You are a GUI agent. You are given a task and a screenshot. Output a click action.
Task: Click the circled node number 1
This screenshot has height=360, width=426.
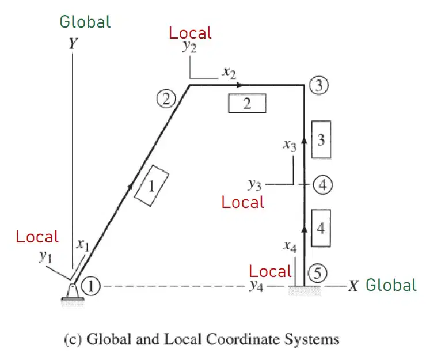pyautogui.click(x=91, y=286)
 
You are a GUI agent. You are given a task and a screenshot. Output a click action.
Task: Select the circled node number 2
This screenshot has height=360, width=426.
pyautogui.click(x=166, y=98)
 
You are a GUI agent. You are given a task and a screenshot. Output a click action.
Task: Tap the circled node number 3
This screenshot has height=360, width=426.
pyautogui.click(x=319, y=85)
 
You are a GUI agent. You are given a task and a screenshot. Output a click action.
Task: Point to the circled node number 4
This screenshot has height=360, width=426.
pyautogui.click(x=322, y=185)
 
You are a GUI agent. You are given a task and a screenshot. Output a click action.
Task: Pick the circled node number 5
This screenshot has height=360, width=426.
pyautogui.click(x=317, y=272)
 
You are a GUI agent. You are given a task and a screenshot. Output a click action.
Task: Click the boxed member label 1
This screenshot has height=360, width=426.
pyautogui.click(x=151, y=185)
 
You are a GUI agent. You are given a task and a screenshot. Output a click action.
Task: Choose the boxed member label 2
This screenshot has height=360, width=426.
pyautogui.click(x=247, y=103)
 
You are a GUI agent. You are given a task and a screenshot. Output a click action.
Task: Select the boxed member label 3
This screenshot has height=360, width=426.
pyautogui.click(x=321, y=139)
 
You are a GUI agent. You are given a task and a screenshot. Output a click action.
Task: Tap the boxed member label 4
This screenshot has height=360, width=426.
pyautogui.click(x=321, y=228)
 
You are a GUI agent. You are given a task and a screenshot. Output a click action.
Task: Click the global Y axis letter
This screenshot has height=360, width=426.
pyautogui.click(x=73, y=44)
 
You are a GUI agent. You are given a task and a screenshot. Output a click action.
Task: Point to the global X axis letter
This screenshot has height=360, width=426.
pyautogui.click(x=353, y=286)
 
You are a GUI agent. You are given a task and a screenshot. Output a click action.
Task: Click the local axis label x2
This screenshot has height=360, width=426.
pyautogui.click(x=229, y=73)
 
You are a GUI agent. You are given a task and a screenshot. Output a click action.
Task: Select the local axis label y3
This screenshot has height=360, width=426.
pyautogui.click(x=254, y=184)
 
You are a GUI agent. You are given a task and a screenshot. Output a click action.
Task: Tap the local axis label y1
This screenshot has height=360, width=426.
pyautogui.click(x=45, y=256)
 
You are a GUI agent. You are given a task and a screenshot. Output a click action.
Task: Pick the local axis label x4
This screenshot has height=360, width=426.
pyautogui.click(x=290, y=247)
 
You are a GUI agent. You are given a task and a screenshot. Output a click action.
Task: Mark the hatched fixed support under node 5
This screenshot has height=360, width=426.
pyautogui.click(x=305, y=291)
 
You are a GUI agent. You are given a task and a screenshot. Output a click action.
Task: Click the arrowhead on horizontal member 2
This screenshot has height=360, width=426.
pyautogui.click(x=239, y=85)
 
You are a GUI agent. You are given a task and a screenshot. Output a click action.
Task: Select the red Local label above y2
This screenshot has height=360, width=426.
pyautogui.click(x=190, y=33)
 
